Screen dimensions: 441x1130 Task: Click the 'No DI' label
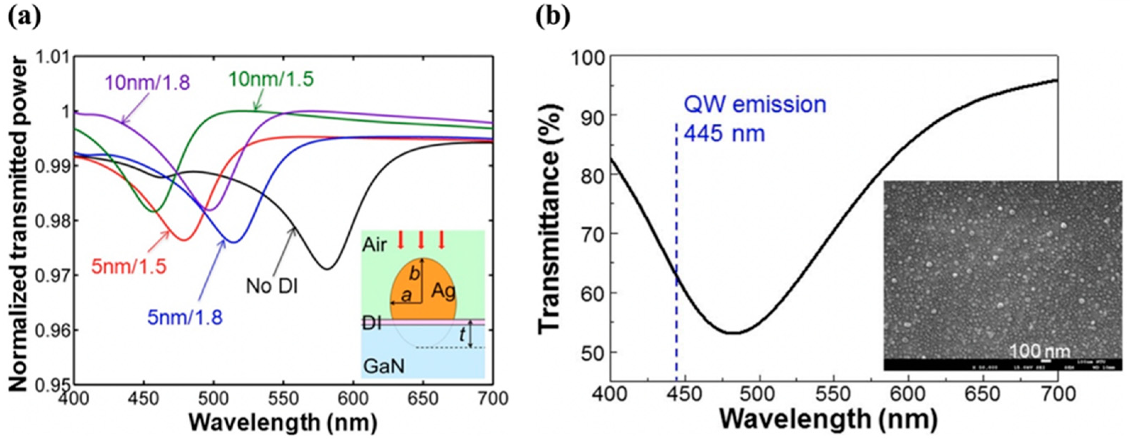pyautogui.click(x=272, y=287)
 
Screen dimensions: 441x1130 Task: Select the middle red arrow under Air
pyautogui.click(x=421, y=241)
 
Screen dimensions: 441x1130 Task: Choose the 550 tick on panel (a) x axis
pyautogui.click(x=283, y=399)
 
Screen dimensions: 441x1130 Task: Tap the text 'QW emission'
pyautogui.click(x=754, y=105)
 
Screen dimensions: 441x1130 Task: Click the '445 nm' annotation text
pyautogui.click(x=724, y=134)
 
